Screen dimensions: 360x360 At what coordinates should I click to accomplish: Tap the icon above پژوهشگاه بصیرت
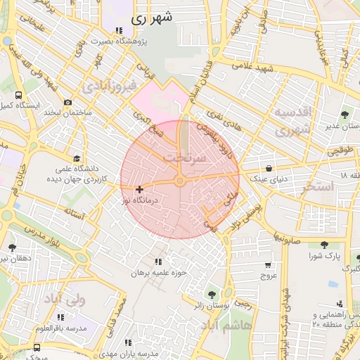click(118, 30)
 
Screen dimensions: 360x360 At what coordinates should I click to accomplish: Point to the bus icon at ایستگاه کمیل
click(18, 95)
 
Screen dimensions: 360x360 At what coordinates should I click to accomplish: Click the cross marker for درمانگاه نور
click(139, 188)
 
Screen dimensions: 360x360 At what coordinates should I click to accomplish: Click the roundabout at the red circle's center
click(180, 182)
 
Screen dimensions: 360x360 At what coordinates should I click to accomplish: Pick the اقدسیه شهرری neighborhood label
click(291, 120)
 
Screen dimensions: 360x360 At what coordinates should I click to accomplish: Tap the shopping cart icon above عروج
click(268, 264)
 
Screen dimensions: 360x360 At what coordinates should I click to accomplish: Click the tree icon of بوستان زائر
click(210, 294)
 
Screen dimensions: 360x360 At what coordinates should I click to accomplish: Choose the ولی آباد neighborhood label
click(64, 300)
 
